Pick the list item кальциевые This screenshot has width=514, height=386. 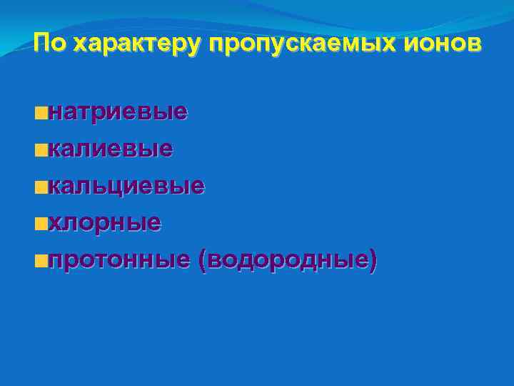(x=127, y=186)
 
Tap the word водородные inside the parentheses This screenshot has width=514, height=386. (x=288, y=260)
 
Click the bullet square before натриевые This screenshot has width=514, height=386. (x=44, y=113)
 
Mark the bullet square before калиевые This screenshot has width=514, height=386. (x=44, y=150)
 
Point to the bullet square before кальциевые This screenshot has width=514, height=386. (x=44, y=187)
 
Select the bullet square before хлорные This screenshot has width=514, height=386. (x=44, y=224)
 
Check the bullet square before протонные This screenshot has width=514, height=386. (x=44, y=262)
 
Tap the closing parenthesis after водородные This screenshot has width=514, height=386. (x=373, y=261)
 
